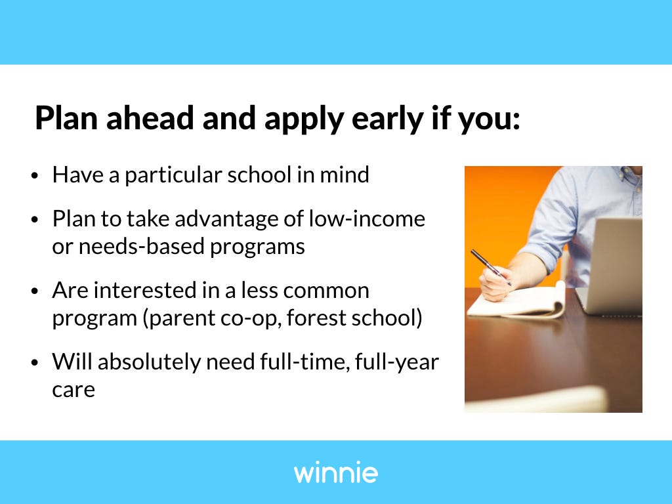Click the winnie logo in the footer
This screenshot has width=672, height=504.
pos(335,472)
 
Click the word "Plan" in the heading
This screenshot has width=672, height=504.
pos(66,118)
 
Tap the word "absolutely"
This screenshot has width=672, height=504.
pos(149,362)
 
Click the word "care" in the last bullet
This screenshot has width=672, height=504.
pos(73,390)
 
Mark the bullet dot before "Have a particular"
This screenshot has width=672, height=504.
pos(35,176)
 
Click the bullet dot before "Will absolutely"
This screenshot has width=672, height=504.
pos(35,362)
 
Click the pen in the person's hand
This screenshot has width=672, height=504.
pos(491,268)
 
